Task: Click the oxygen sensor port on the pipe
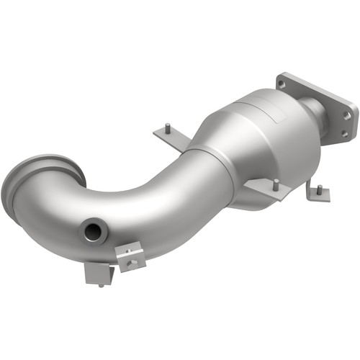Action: [93, 232]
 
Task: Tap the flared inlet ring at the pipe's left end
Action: [40, 183]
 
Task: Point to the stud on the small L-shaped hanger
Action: [317, 189]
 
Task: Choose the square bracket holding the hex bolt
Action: [132, 258]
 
